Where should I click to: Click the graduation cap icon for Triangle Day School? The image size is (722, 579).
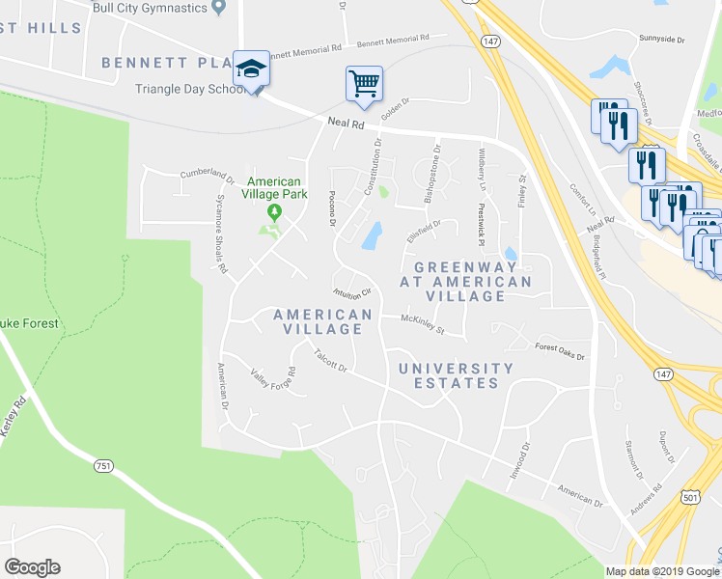pos(251,69)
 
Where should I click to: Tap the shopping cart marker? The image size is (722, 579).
pos(364,84)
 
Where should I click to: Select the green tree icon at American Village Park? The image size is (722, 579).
pos(275,209)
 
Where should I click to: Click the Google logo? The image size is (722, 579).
pos(32,567)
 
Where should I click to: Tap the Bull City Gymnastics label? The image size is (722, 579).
pos(150,9)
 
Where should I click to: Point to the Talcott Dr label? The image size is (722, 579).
pos(330,360)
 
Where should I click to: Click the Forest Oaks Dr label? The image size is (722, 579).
pos(560,352)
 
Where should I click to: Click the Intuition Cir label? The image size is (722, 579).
pos(351,292)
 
